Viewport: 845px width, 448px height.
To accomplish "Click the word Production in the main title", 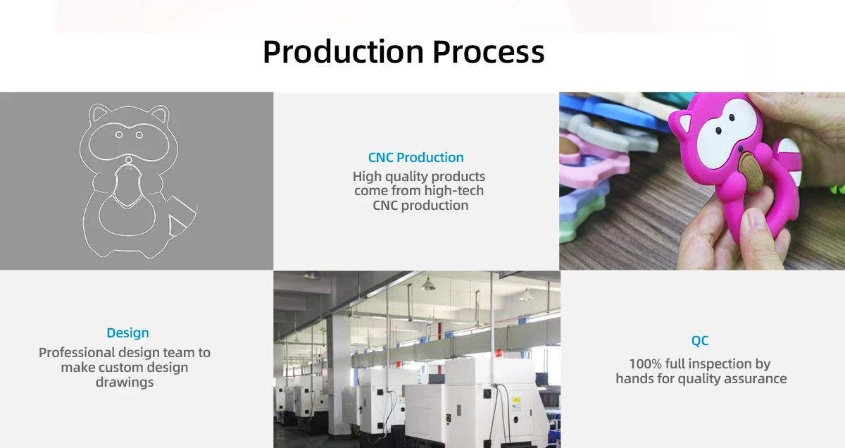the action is [344, 51].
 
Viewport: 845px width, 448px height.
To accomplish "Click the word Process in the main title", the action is [489, 51].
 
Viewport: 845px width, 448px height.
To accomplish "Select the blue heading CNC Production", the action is [415, 157].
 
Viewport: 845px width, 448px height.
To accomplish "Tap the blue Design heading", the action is [128, 333].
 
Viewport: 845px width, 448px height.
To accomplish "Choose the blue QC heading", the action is [700, 341].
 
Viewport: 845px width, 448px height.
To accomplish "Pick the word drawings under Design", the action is [125, 382].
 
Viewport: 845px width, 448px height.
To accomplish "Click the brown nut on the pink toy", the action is [751, 171].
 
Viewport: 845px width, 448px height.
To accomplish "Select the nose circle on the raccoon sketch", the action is [129, 160].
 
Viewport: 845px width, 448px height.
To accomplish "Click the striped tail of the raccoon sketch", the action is [181, 216].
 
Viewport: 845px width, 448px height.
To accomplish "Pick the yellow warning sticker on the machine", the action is [515, 404].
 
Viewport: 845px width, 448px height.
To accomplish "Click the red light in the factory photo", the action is [499, 354].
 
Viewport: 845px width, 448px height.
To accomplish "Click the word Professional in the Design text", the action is [77, 353].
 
